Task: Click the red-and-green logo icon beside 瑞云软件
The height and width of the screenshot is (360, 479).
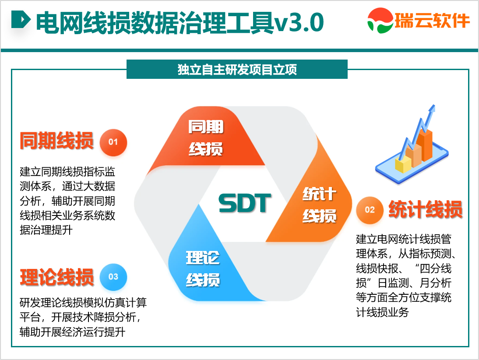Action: [380, 21]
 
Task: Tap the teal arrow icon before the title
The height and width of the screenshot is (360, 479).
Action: [21, 20]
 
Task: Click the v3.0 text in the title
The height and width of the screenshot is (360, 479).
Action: [299, 23]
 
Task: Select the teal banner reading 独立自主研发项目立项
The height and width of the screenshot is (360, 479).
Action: [237, 69]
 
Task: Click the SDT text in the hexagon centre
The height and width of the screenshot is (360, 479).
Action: [245, 203]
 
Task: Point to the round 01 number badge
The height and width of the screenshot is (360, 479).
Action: [113, 142]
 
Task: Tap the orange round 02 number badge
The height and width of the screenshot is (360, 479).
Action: [370, 210]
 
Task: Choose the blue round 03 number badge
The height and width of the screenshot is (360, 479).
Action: [113, 277]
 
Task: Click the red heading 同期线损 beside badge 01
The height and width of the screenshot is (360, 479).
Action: [57, 141]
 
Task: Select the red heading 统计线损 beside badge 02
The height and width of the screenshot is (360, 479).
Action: [426, 210]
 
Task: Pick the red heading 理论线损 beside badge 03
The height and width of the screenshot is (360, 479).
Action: [57, 277]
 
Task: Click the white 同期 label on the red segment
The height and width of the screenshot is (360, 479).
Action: [206, 127]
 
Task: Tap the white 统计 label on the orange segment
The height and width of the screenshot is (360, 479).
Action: [320, 194]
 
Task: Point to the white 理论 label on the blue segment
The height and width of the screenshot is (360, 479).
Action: [203, 258]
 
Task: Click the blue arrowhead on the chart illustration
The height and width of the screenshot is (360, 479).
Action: [432, 109]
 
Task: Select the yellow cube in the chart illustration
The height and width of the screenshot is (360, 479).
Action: [403, 164]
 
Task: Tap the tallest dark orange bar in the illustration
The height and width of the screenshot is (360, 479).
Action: [425, 145]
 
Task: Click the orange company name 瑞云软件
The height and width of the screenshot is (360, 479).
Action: [432, 21]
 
